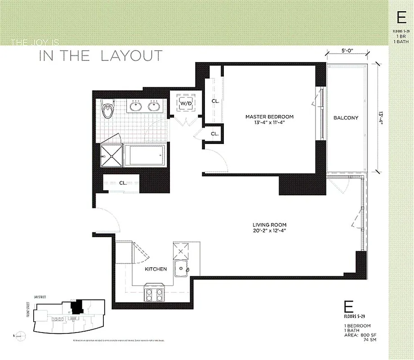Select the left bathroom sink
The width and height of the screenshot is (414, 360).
click(x=135, y=107)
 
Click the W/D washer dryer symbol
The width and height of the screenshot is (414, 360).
click(x=185, y=103)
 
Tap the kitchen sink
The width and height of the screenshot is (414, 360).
click(x=182, y=269)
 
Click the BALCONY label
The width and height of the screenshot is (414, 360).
click(x=346, y=118)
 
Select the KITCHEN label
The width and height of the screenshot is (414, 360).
click(x=156, y=269)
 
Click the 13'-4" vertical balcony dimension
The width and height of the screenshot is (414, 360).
click(x=381, y=118)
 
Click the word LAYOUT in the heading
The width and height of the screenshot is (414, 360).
click(x=131, y=56)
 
